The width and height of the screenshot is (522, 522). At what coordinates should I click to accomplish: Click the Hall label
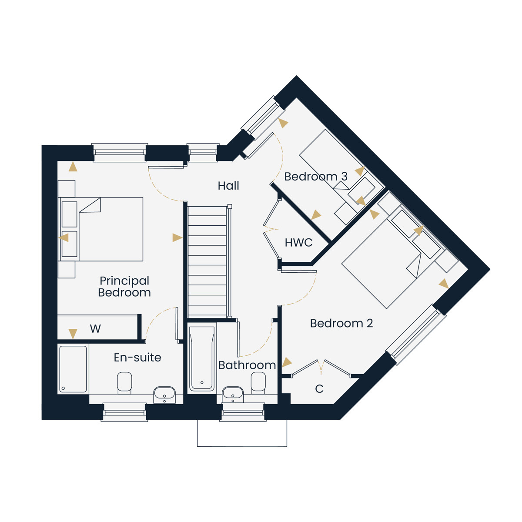[228, 186]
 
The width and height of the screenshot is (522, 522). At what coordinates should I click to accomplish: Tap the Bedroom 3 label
[316, 177]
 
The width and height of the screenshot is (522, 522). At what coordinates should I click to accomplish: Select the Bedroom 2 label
[341, 323]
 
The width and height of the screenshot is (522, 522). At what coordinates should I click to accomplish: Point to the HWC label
[298, 243]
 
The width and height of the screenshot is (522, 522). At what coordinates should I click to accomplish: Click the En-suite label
[137, 358]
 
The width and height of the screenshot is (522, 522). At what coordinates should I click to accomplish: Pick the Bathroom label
[247, 365]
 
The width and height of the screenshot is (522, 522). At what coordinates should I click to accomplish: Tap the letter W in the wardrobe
[95, 328]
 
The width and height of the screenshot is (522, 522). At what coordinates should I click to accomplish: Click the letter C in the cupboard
[319, 389]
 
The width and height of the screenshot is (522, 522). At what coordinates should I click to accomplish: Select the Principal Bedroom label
[124, 287]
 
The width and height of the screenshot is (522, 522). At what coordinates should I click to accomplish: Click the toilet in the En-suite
[124, 383]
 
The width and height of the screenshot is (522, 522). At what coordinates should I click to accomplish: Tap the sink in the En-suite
[164, 395]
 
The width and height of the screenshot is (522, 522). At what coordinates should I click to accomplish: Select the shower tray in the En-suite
[73, 369]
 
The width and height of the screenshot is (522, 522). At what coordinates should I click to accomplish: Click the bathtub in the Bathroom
[202, 358]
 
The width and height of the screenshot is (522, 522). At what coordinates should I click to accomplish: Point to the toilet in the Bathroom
[258, 383]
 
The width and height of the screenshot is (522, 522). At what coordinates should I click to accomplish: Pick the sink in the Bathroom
[233, 395]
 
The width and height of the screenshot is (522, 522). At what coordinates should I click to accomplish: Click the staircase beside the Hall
[207, 261]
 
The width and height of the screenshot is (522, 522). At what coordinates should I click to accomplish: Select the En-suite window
[124, 412]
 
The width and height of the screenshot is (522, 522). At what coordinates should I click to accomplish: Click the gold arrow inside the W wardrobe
[73, 334]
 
